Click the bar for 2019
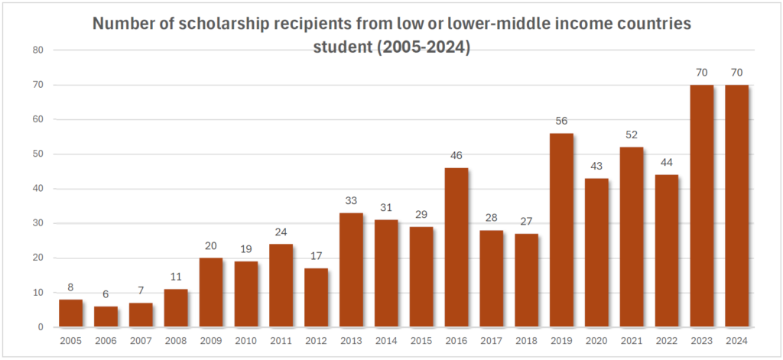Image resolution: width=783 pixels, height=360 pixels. pyautogui.click(x=561, y=230)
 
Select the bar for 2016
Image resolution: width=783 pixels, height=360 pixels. pyautogui.click(x=456, y=248)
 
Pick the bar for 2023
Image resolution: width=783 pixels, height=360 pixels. pyautogui.click(x=702, y=206)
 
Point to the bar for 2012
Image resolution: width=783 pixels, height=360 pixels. pyautogui.click(x=317, y=297)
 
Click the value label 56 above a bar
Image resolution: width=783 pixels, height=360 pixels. pyautogui.click(x=561, y=121)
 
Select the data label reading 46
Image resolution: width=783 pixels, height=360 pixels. pyautogui.click(x=456, y=155)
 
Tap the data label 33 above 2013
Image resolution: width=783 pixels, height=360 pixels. pyautogui.click(x=351, y=200)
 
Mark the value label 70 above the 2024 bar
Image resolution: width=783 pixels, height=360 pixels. pyautogui.click(x=737, y=73)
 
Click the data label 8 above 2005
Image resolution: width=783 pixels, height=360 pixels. pyautogui.click(x=71, y=287)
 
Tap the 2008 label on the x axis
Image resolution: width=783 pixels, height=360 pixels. pyautogui.click(x=176, y=341)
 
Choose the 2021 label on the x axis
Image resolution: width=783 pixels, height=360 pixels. pyautogui.click(x=632, y=341)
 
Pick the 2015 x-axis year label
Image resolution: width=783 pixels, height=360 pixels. pyautogui.click(x=421, y=341)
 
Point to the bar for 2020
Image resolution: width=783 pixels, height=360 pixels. pyautogui.click(x=596, y=252)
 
